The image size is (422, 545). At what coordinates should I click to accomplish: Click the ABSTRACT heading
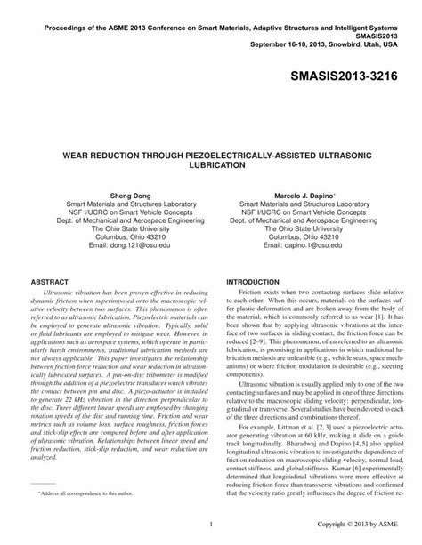click(x=51, y=281)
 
